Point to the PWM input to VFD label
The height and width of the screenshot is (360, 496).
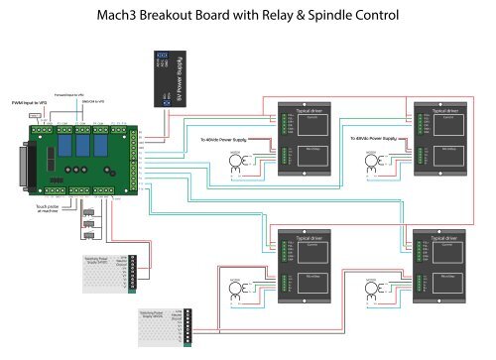pos(30,102)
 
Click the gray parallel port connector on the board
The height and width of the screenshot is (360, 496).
pos(30,165)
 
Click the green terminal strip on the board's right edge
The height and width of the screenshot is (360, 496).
pos(131,164)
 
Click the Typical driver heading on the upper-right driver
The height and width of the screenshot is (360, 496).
pos(436,111)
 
